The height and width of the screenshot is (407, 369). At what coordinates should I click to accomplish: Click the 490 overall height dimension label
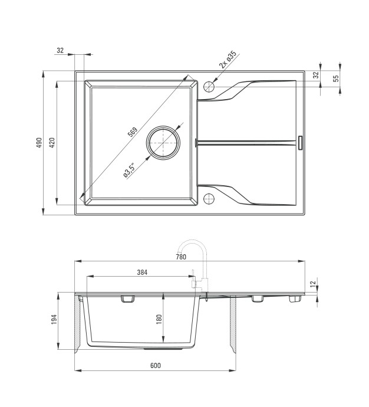[x=39, y=143]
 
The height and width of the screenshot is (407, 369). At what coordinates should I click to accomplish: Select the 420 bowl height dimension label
[x=52, y=143]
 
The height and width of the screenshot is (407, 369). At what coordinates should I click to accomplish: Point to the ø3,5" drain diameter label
[x=129, y=170]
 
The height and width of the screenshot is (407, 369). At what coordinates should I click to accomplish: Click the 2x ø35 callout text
[x=228, y=60]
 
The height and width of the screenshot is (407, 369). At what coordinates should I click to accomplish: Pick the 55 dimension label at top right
[x=336, y=78]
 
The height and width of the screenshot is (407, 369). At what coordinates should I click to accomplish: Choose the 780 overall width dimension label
[x=181, y=257]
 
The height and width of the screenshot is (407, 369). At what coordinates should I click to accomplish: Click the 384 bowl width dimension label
[x=142, y=273]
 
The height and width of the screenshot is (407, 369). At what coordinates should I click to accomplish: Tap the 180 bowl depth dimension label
[x=159, y=319]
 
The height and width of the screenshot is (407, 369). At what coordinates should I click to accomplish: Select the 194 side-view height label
[x=54, y=320]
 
